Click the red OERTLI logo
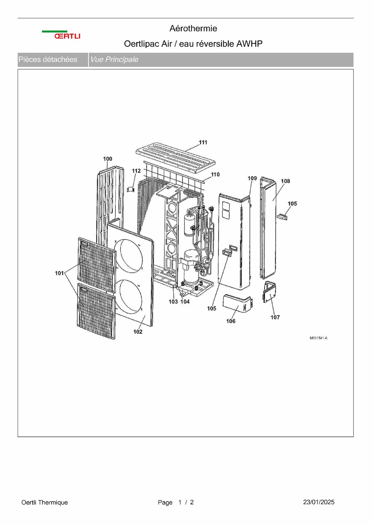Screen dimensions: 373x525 [x=67, y=36]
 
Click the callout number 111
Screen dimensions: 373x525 [x=203, y=142]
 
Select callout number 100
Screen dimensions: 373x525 [x=108, y=159]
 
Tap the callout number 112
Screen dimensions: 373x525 [x=136, y=171]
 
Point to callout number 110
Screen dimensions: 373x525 [x=215, y=174]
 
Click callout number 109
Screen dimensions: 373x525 [x=252, y=178]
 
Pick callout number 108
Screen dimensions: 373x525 [x=285, y=181]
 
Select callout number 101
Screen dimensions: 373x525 [x=59, y=273]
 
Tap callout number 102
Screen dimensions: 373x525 [x=138, y=332]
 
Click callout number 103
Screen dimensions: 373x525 [x=173, y=302]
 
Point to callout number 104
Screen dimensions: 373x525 [x=185, y=302]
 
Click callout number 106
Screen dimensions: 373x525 [x=231, y=321]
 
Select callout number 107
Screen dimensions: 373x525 [x=275, y=317]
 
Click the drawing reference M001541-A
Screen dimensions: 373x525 [x=319, y=338]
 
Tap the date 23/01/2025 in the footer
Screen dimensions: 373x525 [x=319, y=502]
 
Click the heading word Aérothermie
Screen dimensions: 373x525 [x=193, y=28]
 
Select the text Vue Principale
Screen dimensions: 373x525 [x=114, y=59]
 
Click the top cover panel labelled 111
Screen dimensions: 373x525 [x=175, y=158]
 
